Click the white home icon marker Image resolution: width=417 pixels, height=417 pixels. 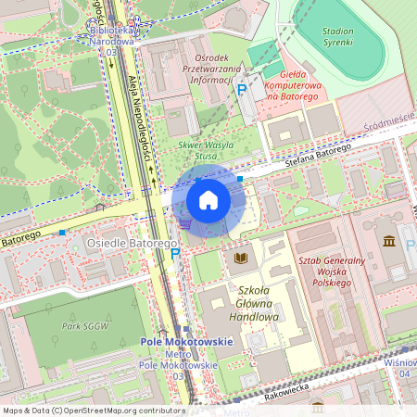(x=208, y=200)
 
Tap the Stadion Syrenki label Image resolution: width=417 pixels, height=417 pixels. (x=338, y=37)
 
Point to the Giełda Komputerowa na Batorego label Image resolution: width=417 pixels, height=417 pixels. (x=294, y=82)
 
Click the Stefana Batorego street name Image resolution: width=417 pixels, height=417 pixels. (x=317, y=154)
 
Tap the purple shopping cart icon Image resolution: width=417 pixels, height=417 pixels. (x=185, y=222)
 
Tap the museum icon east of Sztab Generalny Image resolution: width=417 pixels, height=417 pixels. (x=387, y=242)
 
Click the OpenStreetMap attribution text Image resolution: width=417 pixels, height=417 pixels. (x=94, y=411)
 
